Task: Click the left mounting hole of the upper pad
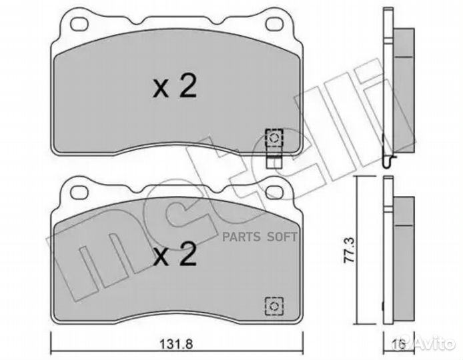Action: (79, 25)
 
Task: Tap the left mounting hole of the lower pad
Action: (79, 192)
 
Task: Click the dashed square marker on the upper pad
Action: (273, 137)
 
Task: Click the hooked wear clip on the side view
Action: (389, 160)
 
